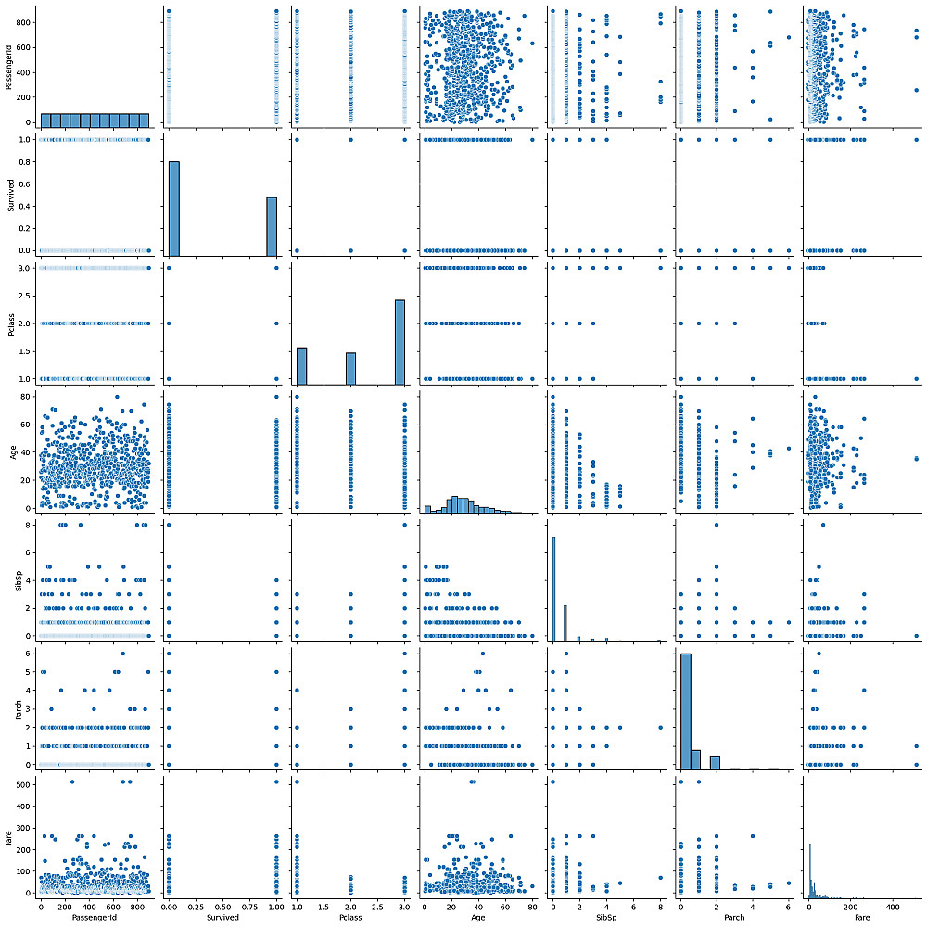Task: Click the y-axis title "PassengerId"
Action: pyautogui.click(x=8, y=70)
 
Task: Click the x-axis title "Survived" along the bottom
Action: pyautogui.click(x=223, y=919)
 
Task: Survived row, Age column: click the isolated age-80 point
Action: pyautogui.click(x=532, y=139)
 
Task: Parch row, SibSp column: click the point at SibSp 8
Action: pyautogui.click(x=660, y=727)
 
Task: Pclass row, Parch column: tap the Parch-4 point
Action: pyautogui.click(x=752, y=378)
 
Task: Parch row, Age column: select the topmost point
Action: pyautogui.click(x=481, y=654)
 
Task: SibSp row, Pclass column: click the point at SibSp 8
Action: pyautogui.click(x=405, y=525)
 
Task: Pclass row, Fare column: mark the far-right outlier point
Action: pyautogui.click(x=916, y=378)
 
